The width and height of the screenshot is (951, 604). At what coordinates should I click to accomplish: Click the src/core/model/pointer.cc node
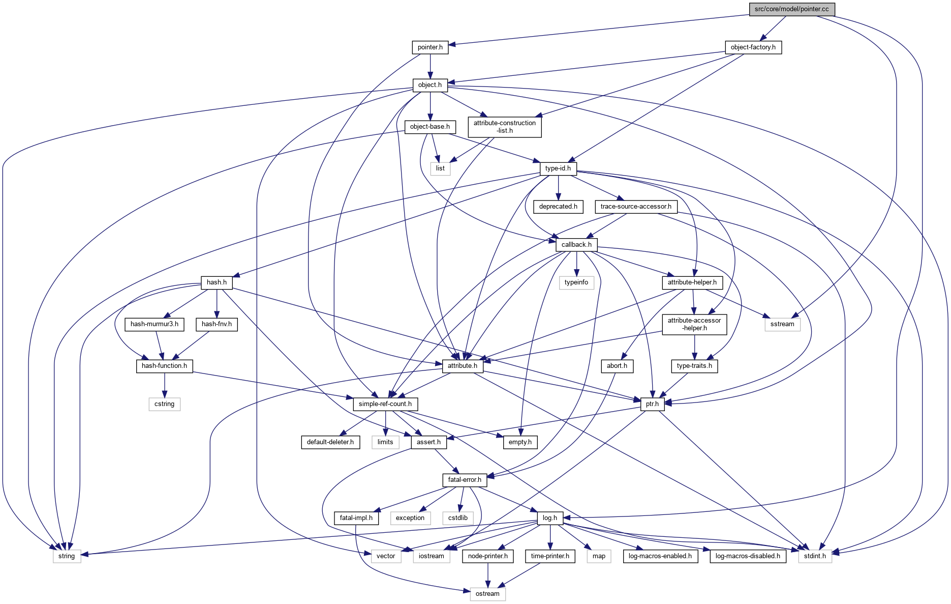[791, 9]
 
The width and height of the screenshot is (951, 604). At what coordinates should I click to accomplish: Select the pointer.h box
[430, 47]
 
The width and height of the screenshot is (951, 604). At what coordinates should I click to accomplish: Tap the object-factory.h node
[753, 47]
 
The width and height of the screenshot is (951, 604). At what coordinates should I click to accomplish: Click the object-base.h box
[430, 127]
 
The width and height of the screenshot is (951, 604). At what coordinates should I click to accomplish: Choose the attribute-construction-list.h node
[504, 127]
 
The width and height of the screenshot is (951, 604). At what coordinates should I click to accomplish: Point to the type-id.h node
[558, 168]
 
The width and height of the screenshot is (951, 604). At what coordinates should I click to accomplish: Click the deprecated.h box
[558, 207]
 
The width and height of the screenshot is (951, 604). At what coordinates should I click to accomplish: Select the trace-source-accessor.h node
[635, 207]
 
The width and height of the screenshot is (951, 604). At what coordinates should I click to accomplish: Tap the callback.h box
[576, 245]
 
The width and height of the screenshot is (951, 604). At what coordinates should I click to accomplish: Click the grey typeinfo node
[576, 282]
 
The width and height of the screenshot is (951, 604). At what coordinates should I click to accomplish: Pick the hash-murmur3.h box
[155, 324]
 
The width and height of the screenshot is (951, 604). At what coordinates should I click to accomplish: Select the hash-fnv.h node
[217, 324]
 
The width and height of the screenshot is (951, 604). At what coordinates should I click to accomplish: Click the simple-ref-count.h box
[385, 404]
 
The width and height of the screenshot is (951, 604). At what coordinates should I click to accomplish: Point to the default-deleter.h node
[330, 442]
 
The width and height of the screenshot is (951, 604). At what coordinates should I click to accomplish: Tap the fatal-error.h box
[465, 480]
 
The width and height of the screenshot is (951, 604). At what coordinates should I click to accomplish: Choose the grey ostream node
[487, 594]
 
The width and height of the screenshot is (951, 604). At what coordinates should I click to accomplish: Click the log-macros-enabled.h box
[660, 556]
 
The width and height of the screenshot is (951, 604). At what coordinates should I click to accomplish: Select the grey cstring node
[164, 404]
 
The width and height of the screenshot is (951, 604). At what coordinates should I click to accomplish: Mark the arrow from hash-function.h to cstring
[164, 385]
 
